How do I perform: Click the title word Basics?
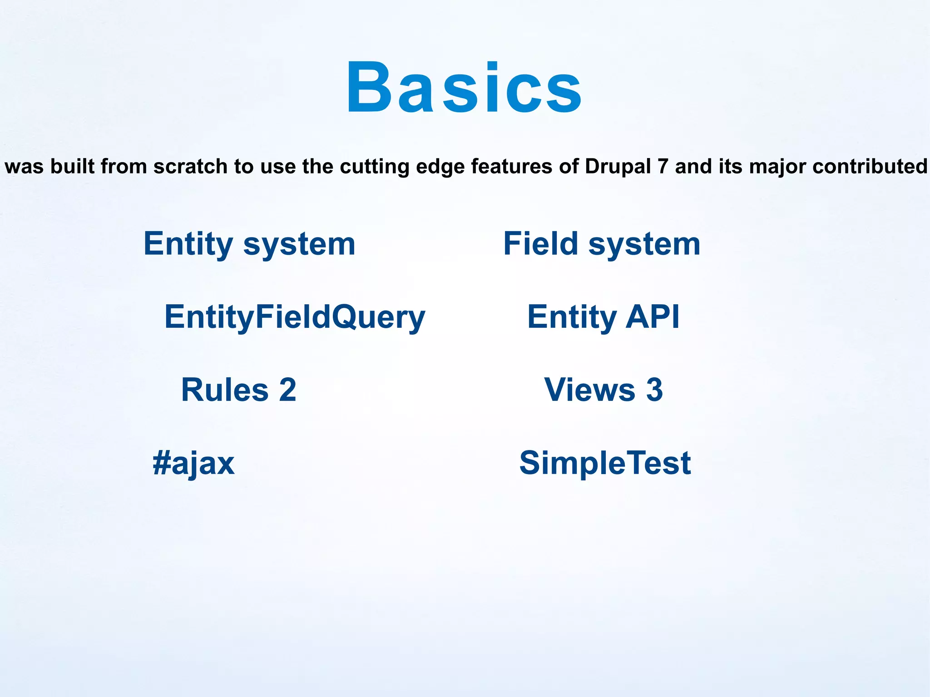(x=463, y=87)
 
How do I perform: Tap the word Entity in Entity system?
(x=188, y=244)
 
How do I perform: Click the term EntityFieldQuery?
(x=295, y=317)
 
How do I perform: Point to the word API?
(x=652, y=316)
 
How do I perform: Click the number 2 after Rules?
(x=287, y=390)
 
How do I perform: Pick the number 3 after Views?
(x=654, y=390)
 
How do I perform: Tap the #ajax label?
(x=194, y=464)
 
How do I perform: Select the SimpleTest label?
(x=605, y=463)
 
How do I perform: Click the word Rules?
(x=225, y=390)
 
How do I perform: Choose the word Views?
(x=589, y=390)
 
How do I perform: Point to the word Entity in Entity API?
(x=572, y=317)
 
